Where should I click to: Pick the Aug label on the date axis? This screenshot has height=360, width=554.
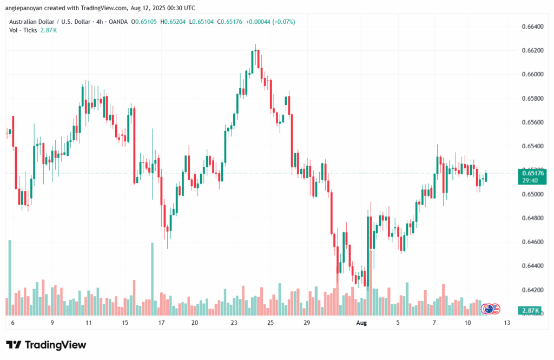coord(362,323)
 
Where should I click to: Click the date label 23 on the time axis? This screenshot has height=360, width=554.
coord(234,323)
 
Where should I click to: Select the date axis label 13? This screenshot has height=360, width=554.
coord(507,323)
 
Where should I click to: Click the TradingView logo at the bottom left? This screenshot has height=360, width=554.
coord(46,345)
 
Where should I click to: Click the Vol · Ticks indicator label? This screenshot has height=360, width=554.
coord(23,30)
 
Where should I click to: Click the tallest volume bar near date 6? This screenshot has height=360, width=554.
coord(10,277)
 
